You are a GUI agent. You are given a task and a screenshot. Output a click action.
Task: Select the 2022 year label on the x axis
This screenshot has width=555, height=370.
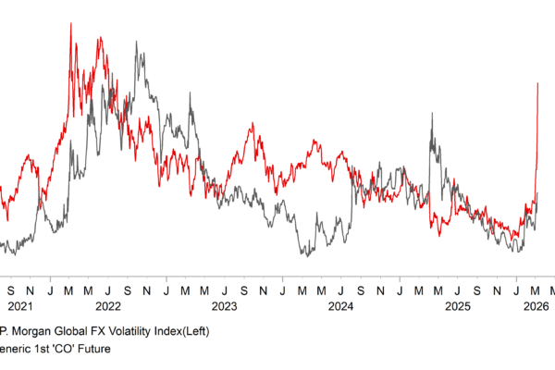click(x=108, y=306)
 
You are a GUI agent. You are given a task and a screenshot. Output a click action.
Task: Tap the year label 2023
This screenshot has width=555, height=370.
click(x=225, y=306)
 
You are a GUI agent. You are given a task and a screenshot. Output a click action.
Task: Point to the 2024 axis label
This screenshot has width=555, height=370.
click(x=340, y=306)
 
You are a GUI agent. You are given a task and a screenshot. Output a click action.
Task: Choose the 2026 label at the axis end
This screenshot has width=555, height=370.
click(x=537, y=306)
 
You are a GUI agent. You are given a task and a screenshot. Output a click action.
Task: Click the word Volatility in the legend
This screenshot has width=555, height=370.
click(x=133, y=331)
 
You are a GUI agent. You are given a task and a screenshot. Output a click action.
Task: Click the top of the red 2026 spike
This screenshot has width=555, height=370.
click(x=538, y=83)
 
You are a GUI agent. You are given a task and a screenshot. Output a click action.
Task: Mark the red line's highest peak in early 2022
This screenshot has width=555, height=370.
click(x=71, y=22)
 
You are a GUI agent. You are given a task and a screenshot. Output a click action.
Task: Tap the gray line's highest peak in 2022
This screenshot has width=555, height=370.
click(x=136, y=42)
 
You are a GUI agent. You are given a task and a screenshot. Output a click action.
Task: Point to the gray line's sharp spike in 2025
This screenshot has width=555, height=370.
click(x=432, y=113)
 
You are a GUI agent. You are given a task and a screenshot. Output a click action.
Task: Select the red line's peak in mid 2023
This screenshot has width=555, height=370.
click(x=253, y=123)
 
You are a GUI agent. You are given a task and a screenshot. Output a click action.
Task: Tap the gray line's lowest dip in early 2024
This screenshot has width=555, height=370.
click(x=305, y=255)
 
